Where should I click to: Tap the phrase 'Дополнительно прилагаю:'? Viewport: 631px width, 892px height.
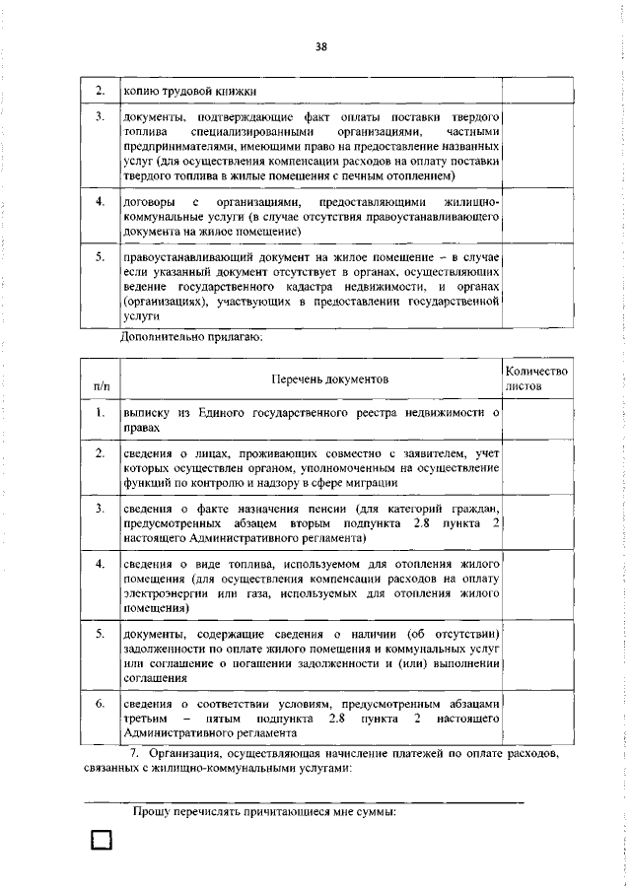191,337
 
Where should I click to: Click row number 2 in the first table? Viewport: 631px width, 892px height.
100,91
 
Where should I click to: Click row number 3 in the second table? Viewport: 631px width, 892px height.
100,508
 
